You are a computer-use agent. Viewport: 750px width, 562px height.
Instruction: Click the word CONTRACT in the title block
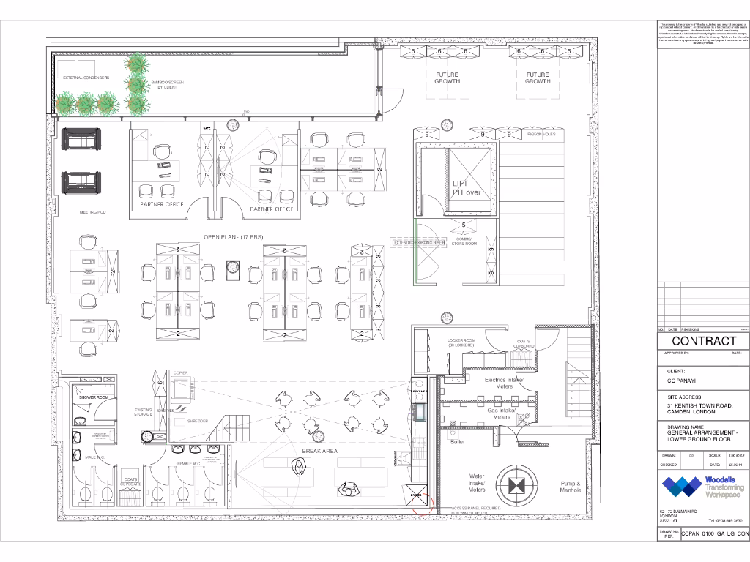[704, 341]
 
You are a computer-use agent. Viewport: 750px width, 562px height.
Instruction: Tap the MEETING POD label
[93, 212]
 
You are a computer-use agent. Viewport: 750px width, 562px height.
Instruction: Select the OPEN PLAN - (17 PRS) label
[234, 237]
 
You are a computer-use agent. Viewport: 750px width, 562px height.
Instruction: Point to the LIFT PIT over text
[465, 188]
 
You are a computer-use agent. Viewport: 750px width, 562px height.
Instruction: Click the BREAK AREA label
[319, 451]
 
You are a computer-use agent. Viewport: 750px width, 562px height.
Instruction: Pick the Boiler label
[458, 442]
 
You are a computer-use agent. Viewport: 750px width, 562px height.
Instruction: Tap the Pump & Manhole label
[571, 487]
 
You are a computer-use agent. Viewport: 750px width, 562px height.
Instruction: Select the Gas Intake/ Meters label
[502, 413]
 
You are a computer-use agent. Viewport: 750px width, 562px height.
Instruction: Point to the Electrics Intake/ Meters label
[504, 383]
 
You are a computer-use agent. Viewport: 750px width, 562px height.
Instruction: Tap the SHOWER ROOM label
[94, 397]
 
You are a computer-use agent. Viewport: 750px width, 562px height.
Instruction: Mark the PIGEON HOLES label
[541, 135]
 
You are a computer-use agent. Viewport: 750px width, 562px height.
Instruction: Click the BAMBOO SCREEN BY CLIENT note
[168, 85]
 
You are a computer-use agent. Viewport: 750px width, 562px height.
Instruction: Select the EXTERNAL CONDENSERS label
[86, 78]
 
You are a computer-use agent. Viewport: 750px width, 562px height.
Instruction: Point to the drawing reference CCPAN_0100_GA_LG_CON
[716, 535]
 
